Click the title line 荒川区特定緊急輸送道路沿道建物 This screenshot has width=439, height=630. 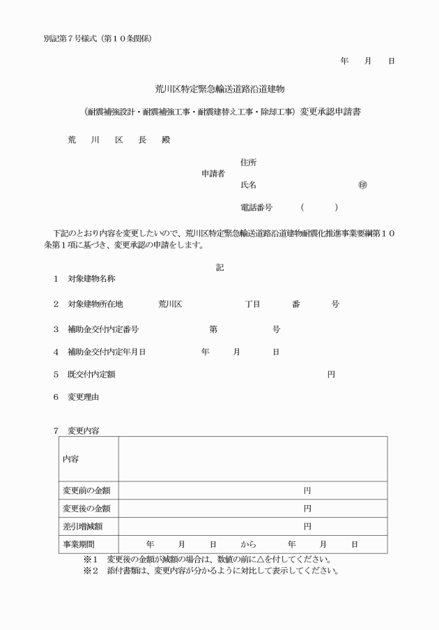coord(220,89)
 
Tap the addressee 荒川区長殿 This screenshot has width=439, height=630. coord(118,140)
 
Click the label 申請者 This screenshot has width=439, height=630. coord(213,174)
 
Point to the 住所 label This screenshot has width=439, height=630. coord(248,163)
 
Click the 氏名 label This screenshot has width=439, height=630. coord(248,185)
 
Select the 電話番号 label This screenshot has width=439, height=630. coord(256,208)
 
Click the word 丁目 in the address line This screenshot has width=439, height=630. coord(252,305)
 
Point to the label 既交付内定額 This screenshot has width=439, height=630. coord(91,375)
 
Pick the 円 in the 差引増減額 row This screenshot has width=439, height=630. coord(307,526)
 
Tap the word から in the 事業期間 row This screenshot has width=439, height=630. coord(249,544)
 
